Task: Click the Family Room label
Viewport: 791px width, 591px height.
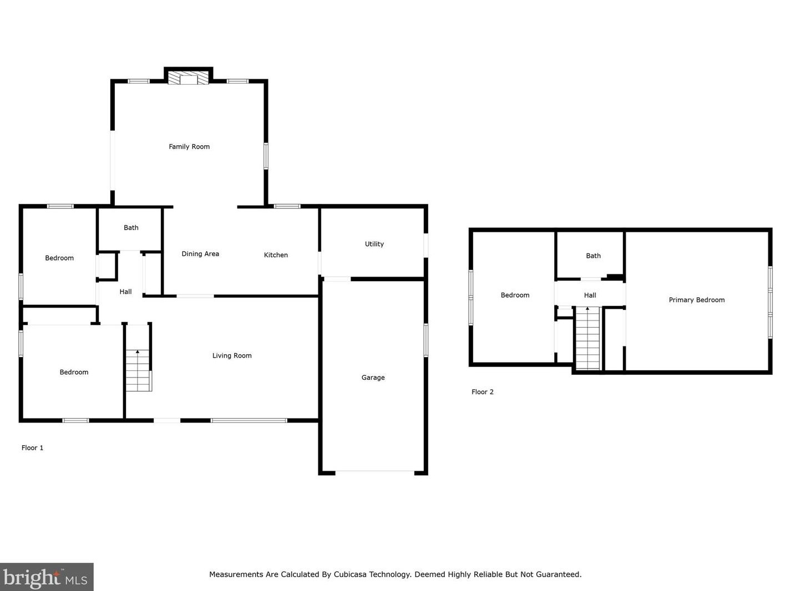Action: coord(189,147)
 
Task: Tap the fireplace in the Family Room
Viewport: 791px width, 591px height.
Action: coord(189,78)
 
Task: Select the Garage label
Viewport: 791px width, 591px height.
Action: coord(373,378)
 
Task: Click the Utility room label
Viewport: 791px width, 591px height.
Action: coord(374,244)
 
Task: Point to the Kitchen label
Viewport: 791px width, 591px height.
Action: coord(276,255)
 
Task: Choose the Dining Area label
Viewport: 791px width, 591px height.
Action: coord(200,254)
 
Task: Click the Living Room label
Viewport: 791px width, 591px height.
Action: coord(232,356)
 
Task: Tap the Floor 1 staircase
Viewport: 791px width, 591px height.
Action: coord(138,370)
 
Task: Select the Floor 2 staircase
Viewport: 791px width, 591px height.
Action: coord(587,338)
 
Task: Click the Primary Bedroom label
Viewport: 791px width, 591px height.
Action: coord(696,300)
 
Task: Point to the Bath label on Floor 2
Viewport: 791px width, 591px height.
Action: coord(593,256)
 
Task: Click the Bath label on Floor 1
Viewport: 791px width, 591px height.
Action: coord(131,227)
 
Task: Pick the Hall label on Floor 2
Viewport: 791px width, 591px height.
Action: coord(590,295)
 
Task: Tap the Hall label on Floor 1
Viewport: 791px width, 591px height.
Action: coord(125,292)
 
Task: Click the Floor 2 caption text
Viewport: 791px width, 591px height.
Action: coord(482,392)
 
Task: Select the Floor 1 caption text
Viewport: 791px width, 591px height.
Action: coord(32,448)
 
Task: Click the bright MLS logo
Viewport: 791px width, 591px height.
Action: coord(46,578)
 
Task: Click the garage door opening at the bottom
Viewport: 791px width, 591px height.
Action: coord(374,472)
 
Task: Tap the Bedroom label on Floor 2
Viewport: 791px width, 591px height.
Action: coord(515,295)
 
